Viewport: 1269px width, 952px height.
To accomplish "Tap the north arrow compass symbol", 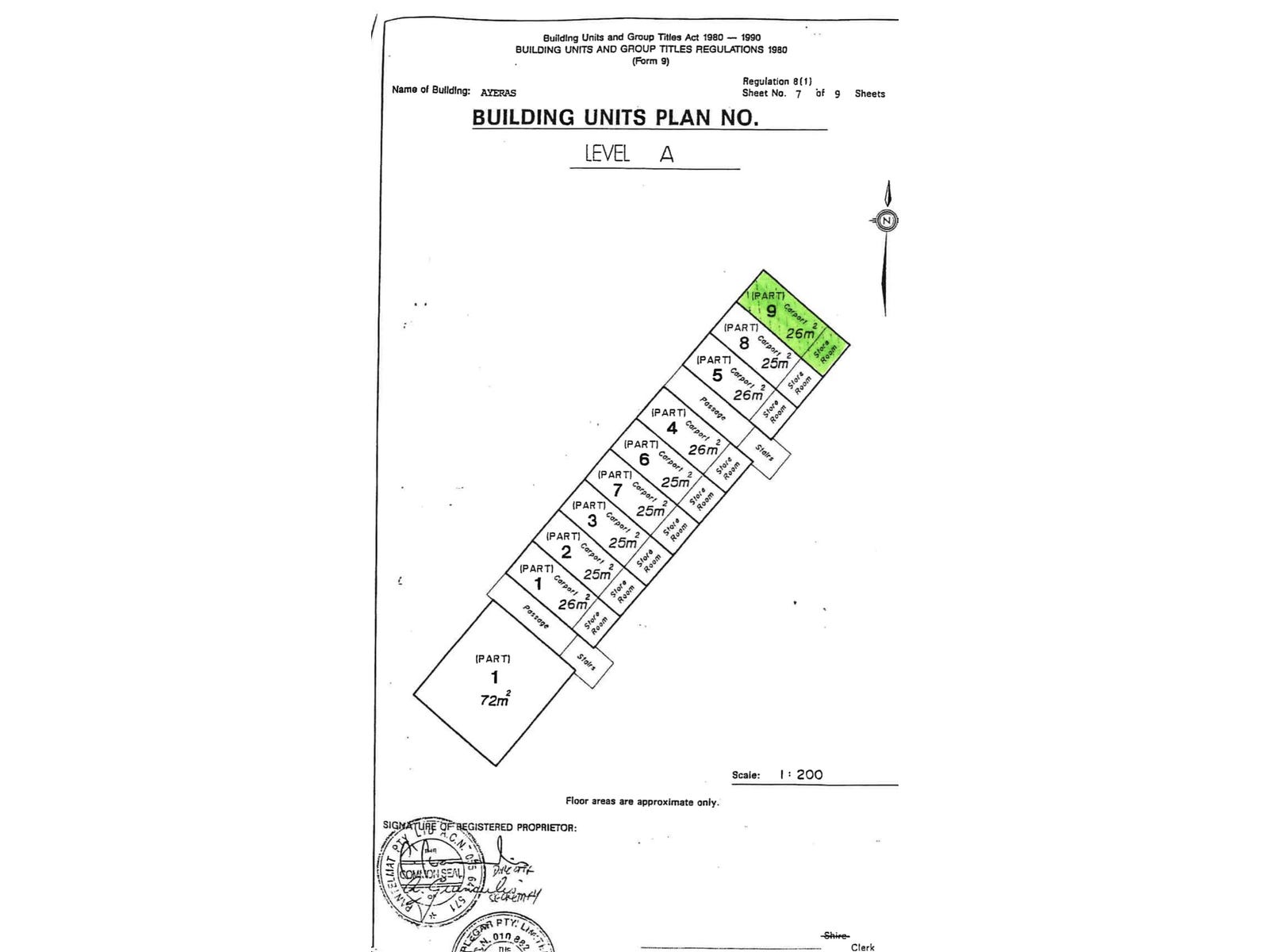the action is pyautogui.click(x=888, y=221).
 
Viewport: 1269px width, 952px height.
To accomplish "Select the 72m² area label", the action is pyautogui.click(x=495, y=700).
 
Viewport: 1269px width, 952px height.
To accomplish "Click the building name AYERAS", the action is pyautogui.click(x=498, y=93).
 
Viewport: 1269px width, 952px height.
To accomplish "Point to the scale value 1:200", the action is pyautogui.click(x=800, y=774).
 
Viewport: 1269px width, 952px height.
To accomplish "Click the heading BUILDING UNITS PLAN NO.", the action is pyautogui.click(x=615, y=117).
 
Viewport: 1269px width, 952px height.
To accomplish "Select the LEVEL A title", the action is pyautogui.click(x=629, y=154).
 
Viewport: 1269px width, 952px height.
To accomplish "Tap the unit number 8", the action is pyautogui.click(x=744, y=344).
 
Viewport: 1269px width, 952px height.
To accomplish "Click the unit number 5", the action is pyautogui.click(x=717, y=375).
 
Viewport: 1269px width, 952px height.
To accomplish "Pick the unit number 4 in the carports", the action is pyautogui.click(x=672, y=428).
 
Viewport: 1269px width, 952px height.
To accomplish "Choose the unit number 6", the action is pyautogui.click(x=644, y=459).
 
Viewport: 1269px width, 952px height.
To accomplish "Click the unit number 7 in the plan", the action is pyautogui.click(x=617, y=490).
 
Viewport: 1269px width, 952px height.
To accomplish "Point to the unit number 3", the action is pyautogui.click(x=592, y=521).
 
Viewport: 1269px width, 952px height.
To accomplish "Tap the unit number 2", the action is pyautogui.click(x=565, y=552).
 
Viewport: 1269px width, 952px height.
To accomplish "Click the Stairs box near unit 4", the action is pyautogui.click(x=765, y=454).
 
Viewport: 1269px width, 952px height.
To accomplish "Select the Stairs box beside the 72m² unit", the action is pyautogui.click(x=587, y=661).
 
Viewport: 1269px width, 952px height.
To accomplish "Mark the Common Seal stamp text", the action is pyautogui.click(x=431, y=873).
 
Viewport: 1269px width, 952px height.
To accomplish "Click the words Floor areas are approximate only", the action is pyautogui.click(x=642, y=801).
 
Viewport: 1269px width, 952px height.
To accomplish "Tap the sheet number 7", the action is pyautogui.click(x=799, y=94).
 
